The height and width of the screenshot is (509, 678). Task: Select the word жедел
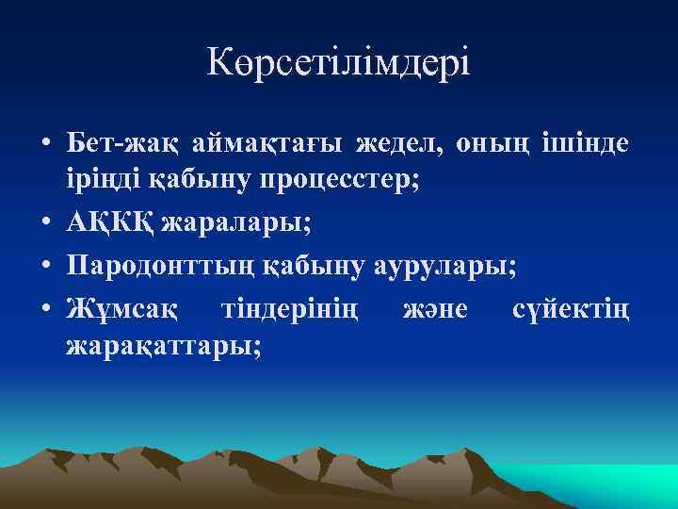coord(402,144)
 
